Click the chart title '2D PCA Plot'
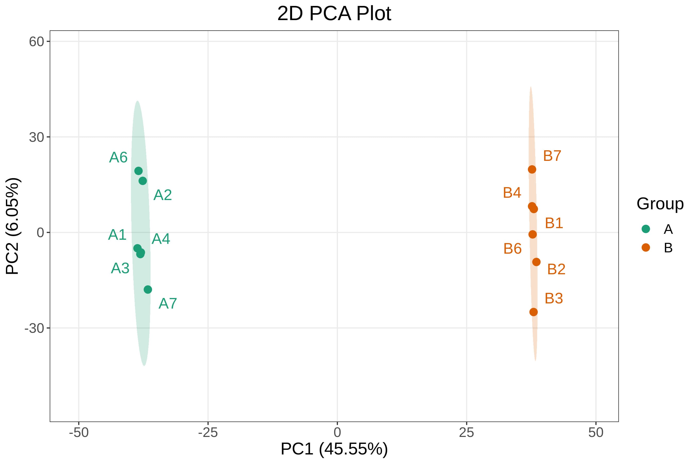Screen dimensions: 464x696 pos(334,14)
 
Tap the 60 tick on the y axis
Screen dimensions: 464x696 pos(36,42)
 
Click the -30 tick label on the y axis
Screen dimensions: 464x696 pos(34,328)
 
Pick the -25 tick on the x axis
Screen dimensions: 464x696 pos(208,433)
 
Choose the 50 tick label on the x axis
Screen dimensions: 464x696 pos(596,433)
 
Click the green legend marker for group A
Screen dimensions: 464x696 pos(646,229)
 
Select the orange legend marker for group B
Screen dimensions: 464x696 pos(646,247)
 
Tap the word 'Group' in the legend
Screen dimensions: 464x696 pos(660,204)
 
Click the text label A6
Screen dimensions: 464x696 pos(118,158)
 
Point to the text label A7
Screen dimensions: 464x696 pos(168,303)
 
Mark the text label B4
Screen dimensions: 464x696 pos(512,193)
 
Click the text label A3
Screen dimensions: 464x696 pos(120,268)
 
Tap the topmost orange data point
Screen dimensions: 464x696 pos(532,170)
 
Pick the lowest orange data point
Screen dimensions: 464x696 pos(534,312)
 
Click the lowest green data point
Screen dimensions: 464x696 pos(148,289)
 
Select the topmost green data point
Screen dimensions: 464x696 pos(138,171)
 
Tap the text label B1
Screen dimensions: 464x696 pos(554,223)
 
